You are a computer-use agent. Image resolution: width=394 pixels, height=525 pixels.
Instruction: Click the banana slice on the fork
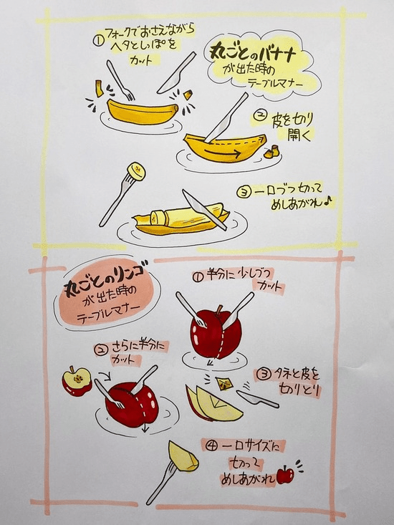click(137, 171)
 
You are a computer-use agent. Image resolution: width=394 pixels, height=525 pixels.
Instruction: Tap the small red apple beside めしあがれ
click(285, 474)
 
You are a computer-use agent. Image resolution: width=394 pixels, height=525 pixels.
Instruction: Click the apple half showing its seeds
click(77, 381)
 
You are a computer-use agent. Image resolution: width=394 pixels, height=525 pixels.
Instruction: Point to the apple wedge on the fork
click(182, 456)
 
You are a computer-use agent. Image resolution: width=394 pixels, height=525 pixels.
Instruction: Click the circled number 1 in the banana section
click(97, 42)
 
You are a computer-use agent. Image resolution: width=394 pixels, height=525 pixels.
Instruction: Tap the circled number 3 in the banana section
click(242, 192)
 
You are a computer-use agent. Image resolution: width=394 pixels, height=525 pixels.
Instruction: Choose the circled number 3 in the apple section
click(265, 375)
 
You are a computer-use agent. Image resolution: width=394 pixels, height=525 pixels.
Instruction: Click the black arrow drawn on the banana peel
click(223, 154)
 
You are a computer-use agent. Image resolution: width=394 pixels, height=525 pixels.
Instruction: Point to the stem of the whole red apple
click(220, 309)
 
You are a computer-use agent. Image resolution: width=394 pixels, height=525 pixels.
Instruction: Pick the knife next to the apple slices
click(258, 398)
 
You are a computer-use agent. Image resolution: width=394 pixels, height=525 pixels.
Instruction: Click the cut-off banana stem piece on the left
click(99, 88)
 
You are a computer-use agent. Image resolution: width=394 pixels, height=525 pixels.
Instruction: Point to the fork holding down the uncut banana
click(120, 80)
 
